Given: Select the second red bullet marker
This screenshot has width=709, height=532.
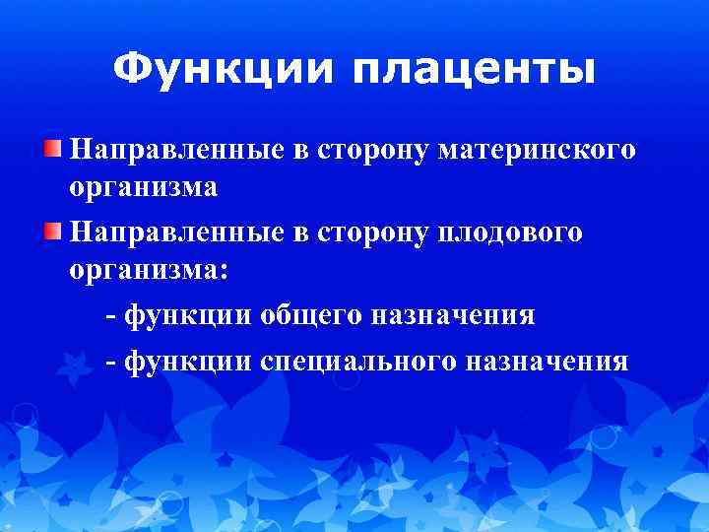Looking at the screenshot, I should tap(51, 232).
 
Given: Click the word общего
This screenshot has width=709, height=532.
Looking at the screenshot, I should tap(312, 315).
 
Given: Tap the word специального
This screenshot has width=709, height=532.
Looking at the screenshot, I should tap(358, 362).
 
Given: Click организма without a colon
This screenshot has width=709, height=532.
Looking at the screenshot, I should tap(143, 187).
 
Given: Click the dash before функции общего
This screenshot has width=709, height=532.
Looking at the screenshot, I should tap(109, 316).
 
